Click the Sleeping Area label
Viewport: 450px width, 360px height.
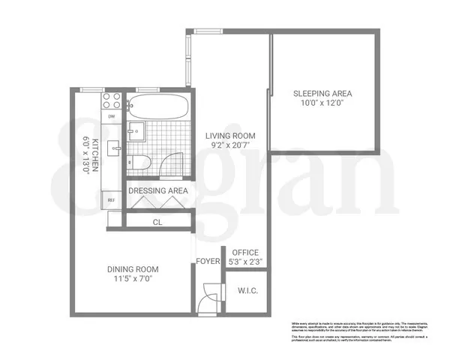coord(322,94)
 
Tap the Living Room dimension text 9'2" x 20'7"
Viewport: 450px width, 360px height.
coord(231,147)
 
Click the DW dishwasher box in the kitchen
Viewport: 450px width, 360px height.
coord(112,117)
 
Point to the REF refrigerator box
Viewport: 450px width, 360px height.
coord(111,200)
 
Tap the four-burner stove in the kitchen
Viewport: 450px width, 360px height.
coord(112,101)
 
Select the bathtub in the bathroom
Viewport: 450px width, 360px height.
coord(155,106)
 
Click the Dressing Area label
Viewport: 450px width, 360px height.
coord(157,191)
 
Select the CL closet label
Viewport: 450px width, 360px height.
coord(157,222)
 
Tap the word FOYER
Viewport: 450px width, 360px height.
coord(207,262)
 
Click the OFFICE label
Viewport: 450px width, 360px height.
coord(244,252)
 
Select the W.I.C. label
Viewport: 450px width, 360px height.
coord(247,290)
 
